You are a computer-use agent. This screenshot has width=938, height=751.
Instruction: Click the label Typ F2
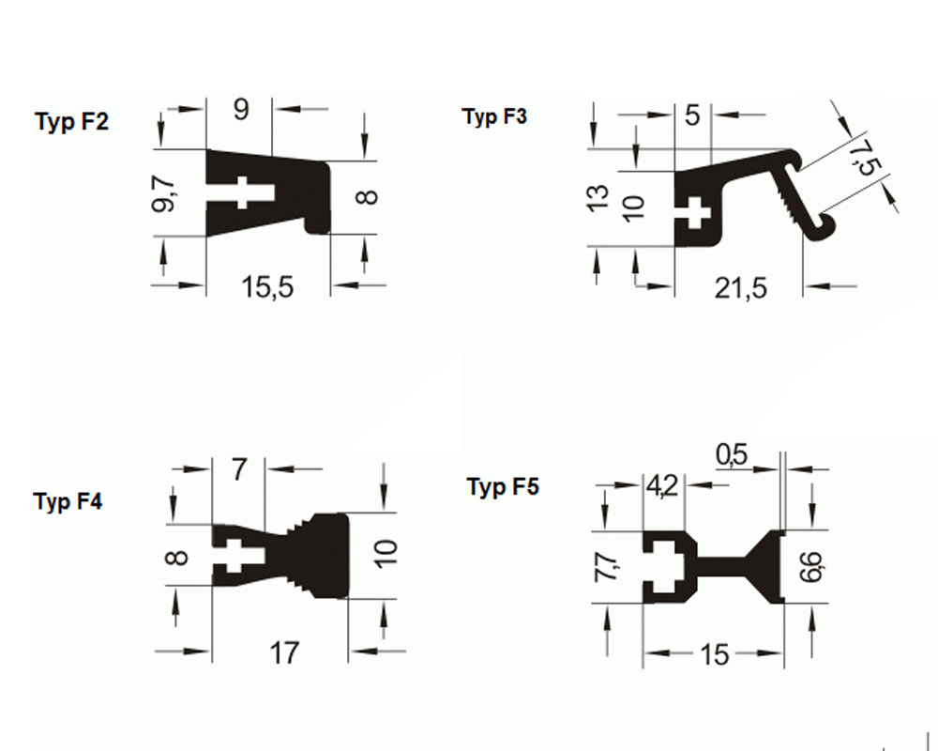point(71,123)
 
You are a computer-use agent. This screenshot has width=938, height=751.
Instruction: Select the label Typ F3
point(494,117)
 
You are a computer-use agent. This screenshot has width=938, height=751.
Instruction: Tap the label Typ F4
point(68,501)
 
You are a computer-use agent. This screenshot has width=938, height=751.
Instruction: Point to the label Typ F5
point(503,487)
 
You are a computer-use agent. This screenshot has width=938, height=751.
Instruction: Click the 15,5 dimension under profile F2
point(267,286)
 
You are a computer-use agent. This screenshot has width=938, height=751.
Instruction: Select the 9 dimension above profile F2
point(241,110)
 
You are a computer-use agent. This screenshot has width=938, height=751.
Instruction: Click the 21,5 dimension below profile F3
point(740,287)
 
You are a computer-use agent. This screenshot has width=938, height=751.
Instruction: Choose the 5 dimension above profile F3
point(692,116)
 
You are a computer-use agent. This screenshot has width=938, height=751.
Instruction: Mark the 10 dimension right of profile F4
point(385,554)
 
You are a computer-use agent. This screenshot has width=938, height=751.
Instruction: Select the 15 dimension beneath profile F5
point(714,654)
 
